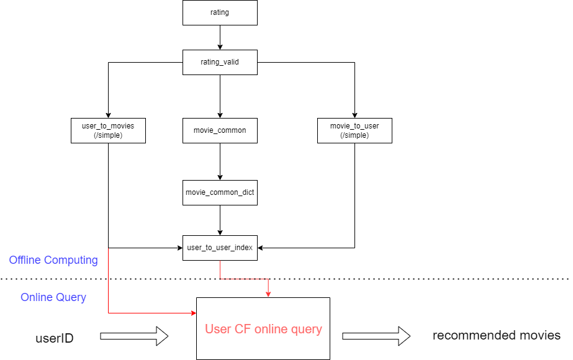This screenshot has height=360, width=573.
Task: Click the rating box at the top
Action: coord(220,12)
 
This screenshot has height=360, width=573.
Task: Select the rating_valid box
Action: coord(220,62)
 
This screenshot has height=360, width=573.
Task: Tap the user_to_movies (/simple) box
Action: coord(108,130)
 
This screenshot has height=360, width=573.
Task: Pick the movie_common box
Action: coord(220,130)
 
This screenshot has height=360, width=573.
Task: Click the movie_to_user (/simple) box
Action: coord(354,130)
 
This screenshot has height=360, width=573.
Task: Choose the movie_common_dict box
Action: coord(220,192)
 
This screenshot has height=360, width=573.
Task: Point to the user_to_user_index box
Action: coord(220,248)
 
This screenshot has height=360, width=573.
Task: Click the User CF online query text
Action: coord(263,329)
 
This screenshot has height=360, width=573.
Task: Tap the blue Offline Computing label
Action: coord(53,260)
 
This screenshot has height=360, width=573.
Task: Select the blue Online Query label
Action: coord(53,297)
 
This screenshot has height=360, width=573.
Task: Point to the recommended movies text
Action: coord(496,336)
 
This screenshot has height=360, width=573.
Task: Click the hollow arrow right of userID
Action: coord(134,336)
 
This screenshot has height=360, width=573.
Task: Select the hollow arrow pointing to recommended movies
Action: coord(376,336)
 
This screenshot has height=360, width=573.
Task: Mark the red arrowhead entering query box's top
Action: coord(268,294)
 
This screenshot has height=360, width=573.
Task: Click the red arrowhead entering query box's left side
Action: coord(192,313)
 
